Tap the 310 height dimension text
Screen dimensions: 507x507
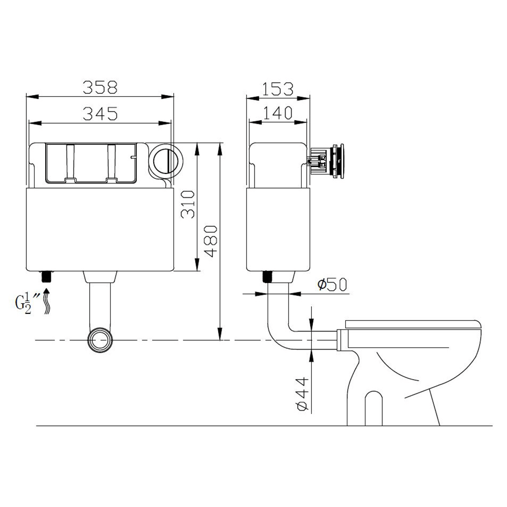[188, 204]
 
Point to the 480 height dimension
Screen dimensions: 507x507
[211, 242]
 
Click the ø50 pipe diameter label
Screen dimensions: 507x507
[332, 285]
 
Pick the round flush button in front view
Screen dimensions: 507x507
[165, 160]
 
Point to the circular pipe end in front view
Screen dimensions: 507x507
[101, 340]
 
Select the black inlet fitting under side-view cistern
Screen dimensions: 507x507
[267, 277]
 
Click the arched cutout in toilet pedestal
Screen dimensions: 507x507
[373, 406]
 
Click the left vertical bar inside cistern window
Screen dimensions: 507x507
[70, 163]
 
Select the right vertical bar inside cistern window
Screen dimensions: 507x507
[112, 163]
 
